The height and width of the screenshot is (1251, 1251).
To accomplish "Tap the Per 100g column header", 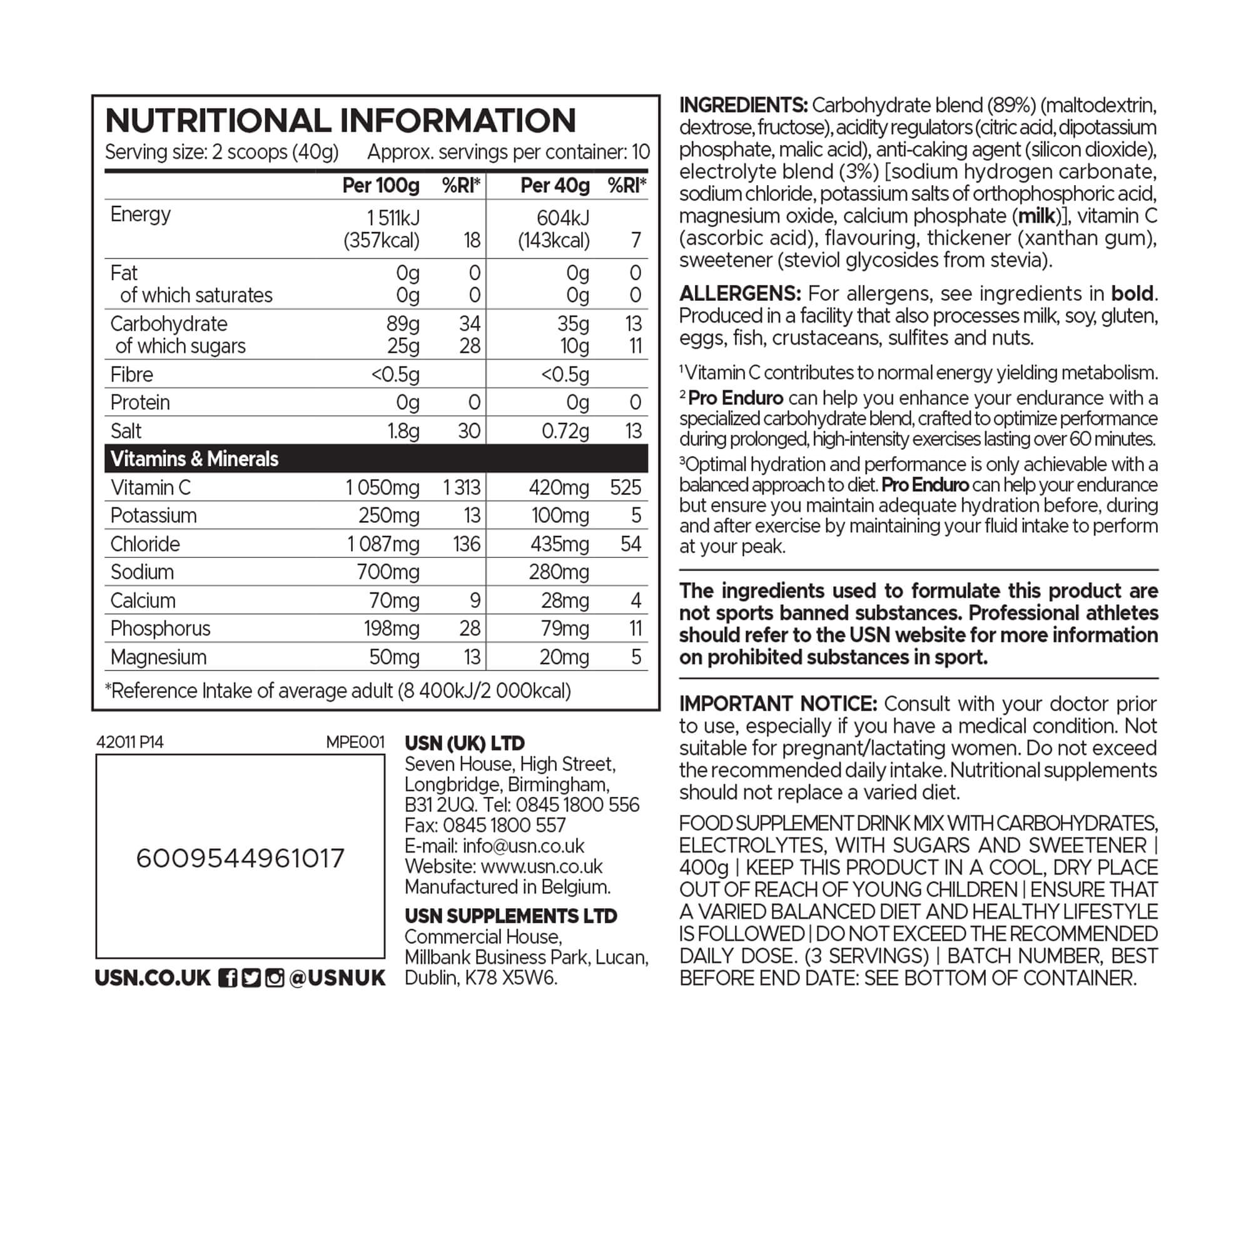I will [x=381, y=186].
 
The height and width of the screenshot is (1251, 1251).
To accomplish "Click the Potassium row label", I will [x=153, y=515].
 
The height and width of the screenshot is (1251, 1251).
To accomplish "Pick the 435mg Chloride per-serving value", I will [x=559, y=544].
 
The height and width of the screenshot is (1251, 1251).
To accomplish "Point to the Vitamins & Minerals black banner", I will [x=376, y=458].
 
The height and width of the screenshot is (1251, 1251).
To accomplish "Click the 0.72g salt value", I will [x=565, y=430].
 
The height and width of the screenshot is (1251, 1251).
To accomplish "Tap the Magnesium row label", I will [x=158, y=657].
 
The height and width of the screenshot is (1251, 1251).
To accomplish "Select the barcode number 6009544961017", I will [x=240, y=859].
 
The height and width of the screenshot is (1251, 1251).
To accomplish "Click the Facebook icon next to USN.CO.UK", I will [x=227, y=978].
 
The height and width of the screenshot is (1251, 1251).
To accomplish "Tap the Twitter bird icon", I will [x=251, y=978].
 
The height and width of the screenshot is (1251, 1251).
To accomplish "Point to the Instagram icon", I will [x=275, y=978].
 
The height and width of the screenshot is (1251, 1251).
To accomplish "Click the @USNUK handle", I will [x=337, y=978].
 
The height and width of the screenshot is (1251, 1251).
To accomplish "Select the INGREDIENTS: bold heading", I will [x=742, y=105].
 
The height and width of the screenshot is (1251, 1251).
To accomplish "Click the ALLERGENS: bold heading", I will [x=740, y=293].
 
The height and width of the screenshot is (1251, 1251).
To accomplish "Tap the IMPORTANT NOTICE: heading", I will [x=777, y=703].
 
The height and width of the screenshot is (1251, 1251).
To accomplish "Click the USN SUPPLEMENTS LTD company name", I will [x=511, y=916].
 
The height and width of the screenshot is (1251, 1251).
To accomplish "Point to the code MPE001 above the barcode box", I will [x=355, y=742].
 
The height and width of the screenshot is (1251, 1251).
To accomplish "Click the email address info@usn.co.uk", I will [x=523, y=846].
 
